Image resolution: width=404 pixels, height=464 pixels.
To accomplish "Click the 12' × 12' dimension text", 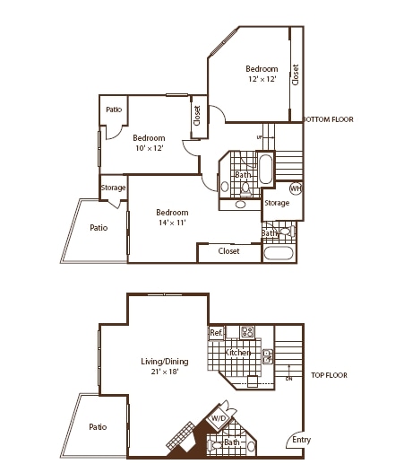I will [x=262, y=80].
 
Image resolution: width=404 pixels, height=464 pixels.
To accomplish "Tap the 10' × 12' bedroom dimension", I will [x=149, y=149].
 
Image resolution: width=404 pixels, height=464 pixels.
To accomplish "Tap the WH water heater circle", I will [x=297, y=188].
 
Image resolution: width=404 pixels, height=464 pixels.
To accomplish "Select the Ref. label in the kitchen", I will [x=216, y=333].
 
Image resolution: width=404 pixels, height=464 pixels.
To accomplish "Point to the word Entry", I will [x=302, y=440].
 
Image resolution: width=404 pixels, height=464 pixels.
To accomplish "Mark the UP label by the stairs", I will [x=260, y=137].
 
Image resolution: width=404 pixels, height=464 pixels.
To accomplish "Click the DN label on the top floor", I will [x=289, y=378].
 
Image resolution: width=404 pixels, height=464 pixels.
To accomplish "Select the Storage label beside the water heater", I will [x=277, y=203].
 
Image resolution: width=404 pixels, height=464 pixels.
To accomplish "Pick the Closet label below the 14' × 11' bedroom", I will [x=229, y=251].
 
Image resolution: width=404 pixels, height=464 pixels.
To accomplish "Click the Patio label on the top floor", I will [x=99, y=427].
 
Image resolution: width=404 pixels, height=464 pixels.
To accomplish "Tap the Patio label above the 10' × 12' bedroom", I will [x=114, y=109].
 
